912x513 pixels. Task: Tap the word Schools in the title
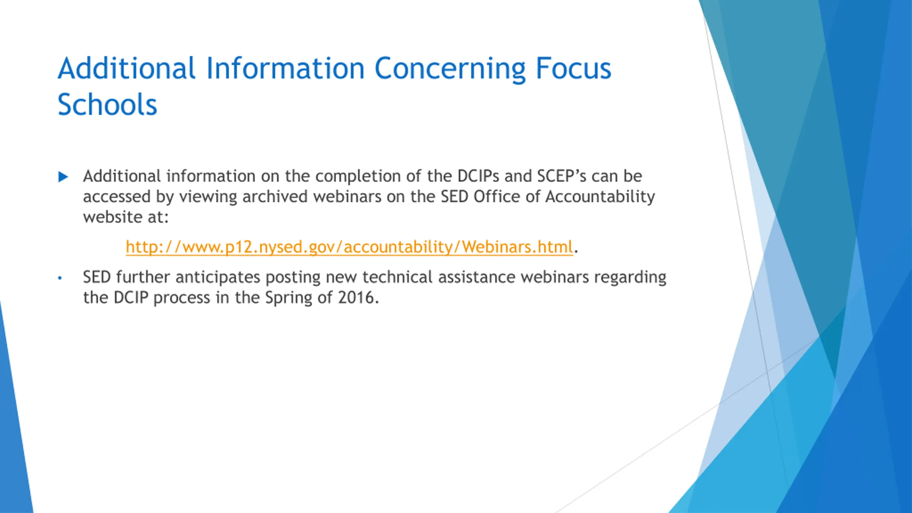click(x=107, y=104)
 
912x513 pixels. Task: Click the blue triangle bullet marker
click(x=63, y=177)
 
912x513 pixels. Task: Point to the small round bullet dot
click(x=60, y=278)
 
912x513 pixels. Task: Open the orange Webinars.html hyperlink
click(x=349, y=247)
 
